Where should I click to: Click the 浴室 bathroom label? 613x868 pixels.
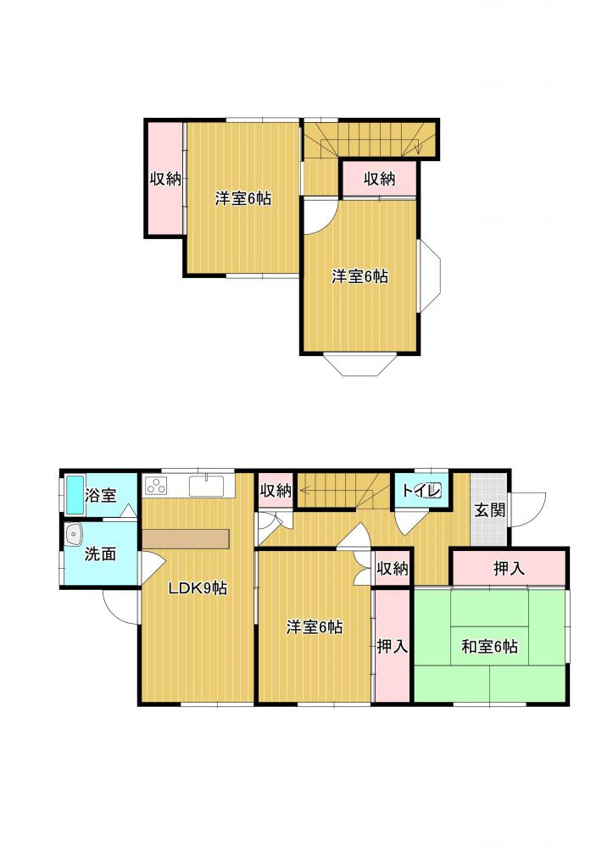(101, 495)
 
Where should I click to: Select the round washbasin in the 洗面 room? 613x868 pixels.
(74, 535)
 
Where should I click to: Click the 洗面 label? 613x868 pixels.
(100, 554)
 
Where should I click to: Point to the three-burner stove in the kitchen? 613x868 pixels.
(156, 486)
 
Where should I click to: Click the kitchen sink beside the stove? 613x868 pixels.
(207, 486)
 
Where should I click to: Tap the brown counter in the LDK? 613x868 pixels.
(186, 539)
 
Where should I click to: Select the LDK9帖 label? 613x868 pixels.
(198, 588)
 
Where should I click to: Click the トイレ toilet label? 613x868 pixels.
(421, 491)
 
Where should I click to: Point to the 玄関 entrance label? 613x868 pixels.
(490, 509)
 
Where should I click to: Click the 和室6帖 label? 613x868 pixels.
(490, 646)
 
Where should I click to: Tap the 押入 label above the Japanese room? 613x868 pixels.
(509, 568)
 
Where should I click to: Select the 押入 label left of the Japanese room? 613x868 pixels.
(392, 646)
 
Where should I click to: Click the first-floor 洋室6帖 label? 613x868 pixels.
(314, 627)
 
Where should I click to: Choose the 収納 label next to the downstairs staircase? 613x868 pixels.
(276, 491)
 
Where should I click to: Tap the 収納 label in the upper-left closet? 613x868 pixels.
(165, 179)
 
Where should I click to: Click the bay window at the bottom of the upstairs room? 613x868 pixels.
(360, 364)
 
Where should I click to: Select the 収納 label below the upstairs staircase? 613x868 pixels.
(379, 179)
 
